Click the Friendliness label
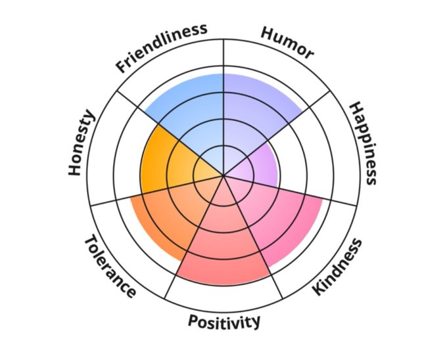tap(161, 47)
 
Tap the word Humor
tap(287, 43)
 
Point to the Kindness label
tap(337, 267)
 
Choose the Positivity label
tap(224, 321)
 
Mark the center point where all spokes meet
tap(223, 175)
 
